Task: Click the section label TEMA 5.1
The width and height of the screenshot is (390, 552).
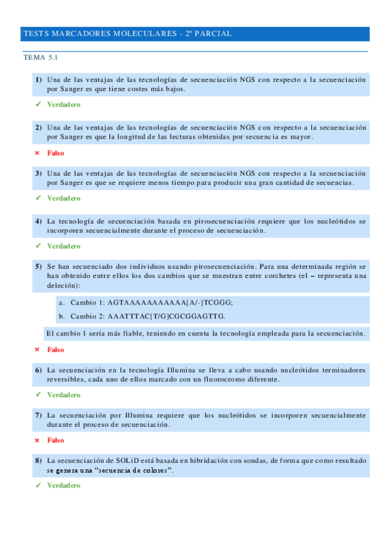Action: tap(41, 58)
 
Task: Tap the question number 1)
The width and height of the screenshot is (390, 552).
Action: tap(39, 79)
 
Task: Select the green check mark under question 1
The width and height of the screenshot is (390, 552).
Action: tap(38, 104)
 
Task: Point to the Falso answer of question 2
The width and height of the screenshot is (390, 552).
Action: tap(55, 152)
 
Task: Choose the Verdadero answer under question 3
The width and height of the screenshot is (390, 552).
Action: tap(63, 198)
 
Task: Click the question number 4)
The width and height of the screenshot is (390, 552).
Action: tap(39, 221)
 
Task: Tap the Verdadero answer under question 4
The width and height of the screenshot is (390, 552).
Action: tap(63, 246)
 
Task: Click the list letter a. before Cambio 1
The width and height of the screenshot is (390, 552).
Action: tap(61, 303)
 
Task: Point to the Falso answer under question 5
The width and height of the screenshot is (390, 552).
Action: tap(55, 350)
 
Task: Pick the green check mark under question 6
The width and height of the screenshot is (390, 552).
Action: tap(38, 394)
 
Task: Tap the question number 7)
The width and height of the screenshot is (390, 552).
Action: tap(39, 415)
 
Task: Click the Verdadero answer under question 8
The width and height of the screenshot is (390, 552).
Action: tap(63, 486)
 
